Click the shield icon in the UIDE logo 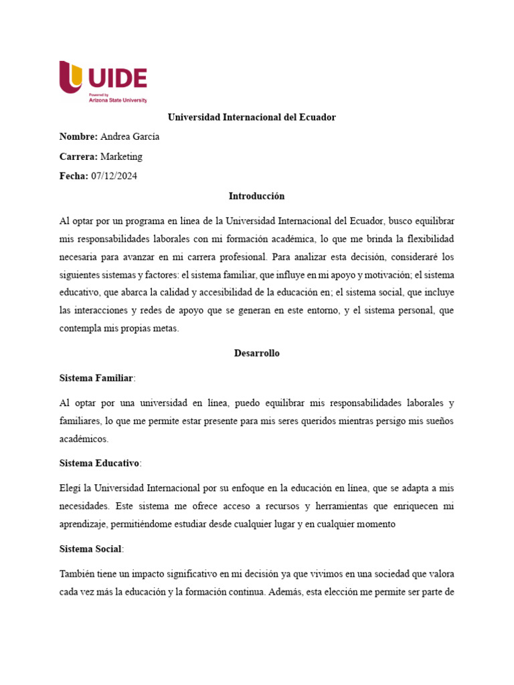tap(71, 77)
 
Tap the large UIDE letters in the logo tap(117, 78)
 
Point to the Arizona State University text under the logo tap(118, 100)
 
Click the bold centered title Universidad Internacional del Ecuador tap(251, 117)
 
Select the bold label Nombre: tap(78, 137)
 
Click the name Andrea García tap(130, 137)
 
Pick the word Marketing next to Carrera tap(121, 157)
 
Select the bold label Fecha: tap(74, 176)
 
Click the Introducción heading tap(256, 196)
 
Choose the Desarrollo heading tap(256, 353)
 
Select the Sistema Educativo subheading tap(99, 463)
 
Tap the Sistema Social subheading tap(90, 549)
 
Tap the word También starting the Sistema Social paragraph tap(78, 574)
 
